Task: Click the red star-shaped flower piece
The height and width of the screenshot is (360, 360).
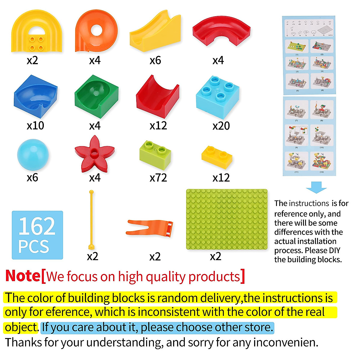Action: tap(94, 154)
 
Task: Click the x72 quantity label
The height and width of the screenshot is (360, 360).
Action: tap(158, 178)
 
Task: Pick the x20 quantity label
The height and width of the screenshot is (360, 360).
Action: tap(221, 126)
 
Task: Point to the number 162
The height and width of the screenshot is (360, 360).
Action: tap(37, 226)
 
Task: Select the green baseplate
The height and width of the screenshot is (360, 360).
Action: tap(226, 219)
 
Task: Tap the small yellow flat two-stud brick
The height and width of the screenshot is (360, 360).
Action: tap(217, 157)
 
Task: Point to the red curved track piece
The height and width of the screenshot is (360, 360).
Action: tap(221, 33)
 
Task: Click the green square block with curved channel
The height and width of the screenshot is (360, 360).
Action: tap(96, 96)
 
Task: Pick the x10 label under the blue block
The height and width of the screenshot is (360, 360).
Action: tap(35, 125)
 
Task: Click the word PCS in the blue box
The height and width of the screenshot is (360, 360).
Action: tap(33, 247)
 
